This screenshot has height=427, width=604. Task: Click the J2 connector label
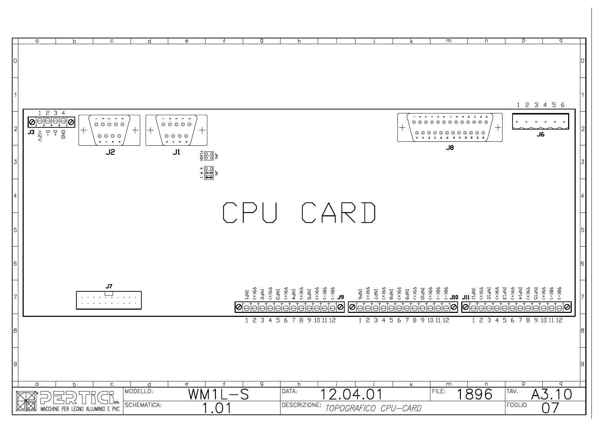click(110, 152)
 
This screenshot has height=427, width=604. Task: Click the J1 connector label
click(176, 152)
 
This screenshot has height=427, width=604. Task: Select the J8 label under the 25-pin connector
click(450, 148)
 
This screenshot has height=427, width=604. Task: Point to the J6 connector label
click(541, 135)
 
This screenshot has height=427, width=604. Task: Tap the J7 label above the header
click(109, 286)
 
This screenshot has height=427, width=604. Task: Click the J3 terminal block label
click(31, 132)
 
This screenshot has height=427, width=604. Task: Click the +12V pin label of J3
click(40, 136)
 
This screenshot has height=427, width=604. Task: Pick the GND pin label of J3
click(63, 135)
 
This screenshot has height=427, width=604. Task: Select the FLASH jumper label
click(201, 156)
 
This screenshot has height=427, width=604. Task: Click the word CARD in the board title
click(339, 212)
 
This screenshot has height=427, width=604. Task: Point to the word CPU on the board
click(250, 212)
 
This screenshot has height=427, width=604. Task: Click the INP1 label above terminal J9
click(247, 295)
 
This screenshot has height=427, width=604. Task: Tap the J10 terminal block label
click(454, 297)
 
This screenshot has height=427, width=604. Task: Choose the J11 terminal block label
click(466, 297)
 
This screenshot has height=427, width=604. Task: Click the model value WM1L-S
click(218, 395)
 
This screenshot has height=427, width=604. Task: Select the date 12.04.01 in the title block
click(351, 395)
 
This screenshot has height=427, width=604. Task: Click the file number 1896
click(475, 395)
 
